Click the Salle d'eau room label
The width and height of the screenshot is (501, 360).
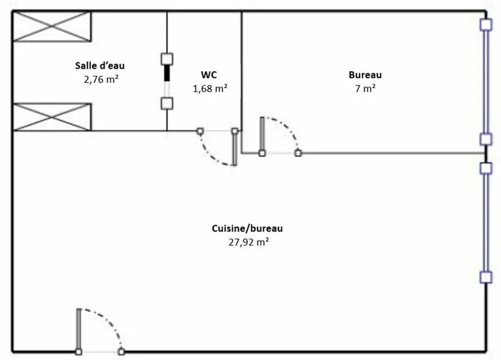(103, 65)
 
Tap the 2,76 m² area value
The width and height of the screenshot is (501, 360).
(102, 78)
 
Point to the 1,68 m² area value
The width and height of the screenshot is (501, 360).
(210, 88)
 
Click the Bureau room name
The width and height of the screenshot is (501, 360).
(365, 75)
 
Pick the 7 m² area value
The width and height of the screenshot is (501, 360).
(365, 88)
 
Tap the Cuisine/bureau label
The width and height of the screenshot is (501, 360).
(247, 228)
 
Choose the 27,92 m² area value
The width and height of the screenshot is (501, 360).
(247, 242)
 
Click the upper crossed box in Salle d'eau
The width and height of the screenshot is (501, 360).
(52, 26)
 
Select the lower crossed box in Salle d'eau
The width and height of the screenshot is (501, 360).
(52, 117)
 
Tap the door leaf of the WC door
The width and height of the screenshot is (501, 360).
(234, 148)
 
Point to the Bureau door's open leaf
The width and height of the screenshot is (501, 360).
(262, 135)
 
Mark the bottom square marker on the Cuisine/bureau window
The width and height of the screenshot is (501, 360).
(486, 277)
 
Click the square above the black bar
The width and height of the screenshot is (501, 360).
(166, 59)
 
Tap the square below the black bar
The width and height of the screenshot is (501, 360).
(166, 102)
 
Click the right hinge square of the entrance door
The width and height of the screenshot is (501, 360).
(122, 351)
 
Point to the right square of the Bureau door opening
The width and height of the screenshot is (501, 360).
(298, 153)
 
